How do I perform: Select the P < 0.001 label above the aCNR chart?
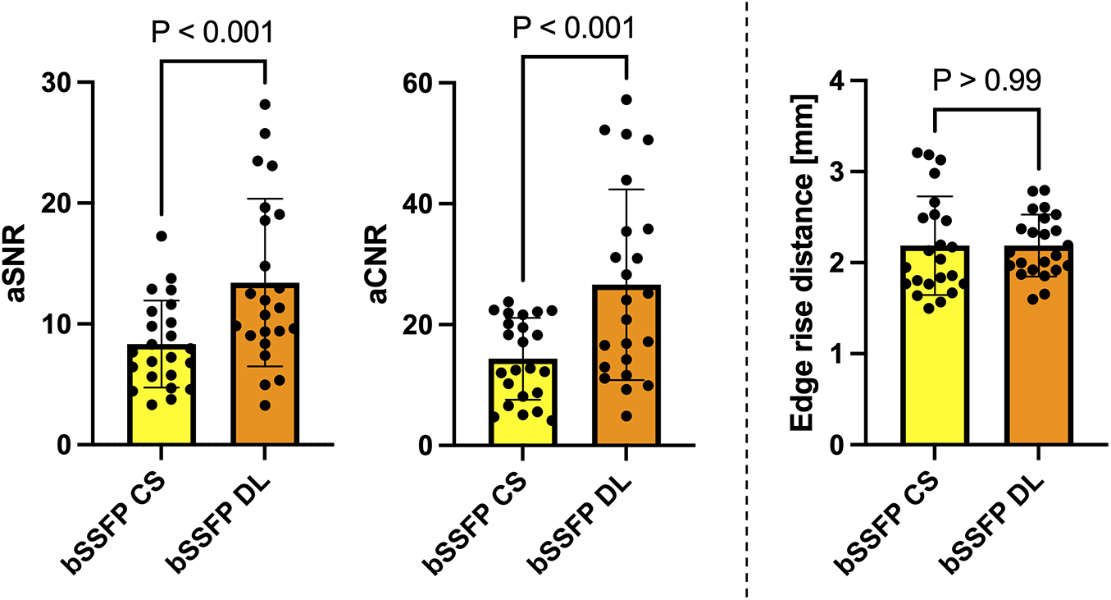[572, 30]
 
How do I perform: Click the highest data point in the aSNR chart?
[265, 104]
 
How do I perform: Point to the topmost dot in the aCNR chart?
[626, 99]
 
